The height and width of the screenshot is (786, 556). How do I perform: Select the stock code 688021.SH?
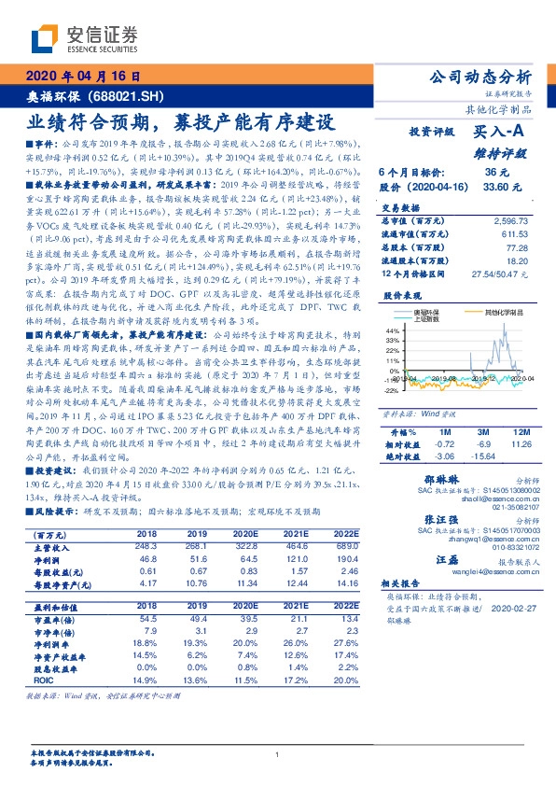pos(130,96)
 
